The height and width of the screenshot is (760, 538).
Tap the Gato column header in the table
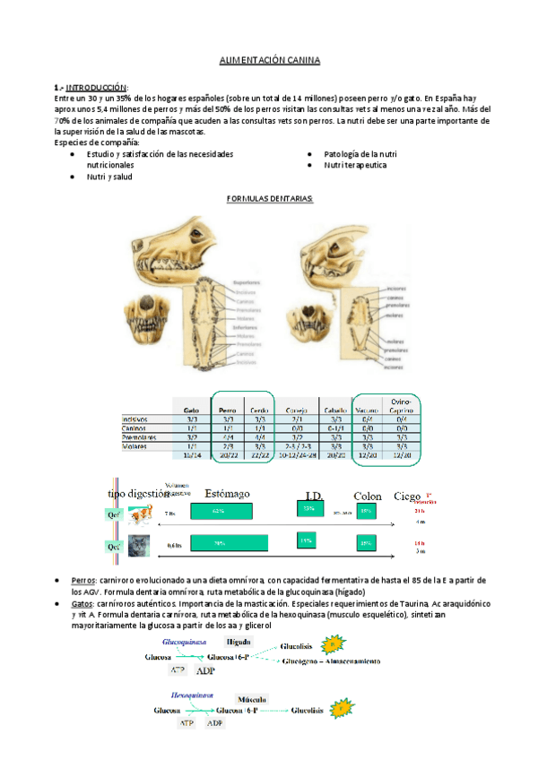click(x=191, y=407)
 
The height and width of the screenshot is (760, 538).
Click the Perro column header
click(x=227, y=407)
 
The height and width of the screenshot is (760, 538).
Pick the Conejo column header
click(x=299, y=407)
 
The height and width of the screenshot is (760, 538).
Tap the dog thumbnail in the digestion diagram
click(x=138, y=514)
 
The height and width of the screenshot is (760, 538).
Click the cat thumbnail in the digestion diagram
click(x=139, y=544)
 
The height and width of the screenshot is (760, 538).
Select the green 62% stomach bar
click(x=219, y=511)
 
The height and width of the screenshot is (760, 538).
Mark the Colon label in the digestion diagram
click(x=368, y=496)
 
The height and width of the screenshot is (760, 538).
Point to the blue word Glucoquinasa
click(x=187, y=642)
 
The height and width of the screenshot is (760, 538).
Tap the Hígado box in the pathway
click(x=238, y=643)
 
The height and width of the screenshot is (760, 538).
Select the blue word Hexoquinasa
click(x=191, y=694)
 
